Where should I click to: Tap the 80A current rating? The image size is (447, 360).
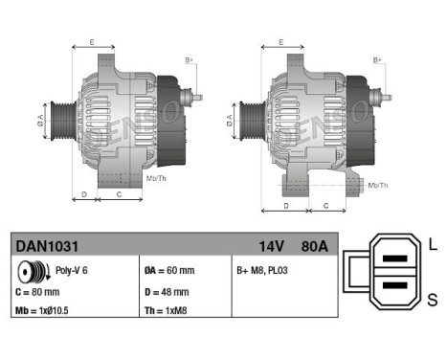(x=313, y=246)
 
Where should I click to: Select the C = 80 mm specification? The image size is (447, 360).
(x=38, y=290)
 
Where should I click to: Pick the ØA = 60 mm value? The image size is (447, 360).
(x=169, y=271)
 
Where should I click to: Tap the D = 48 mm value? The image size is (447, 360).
(x=168, y=290)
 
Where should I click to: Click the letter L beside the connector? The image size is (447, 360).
(x=432, y=243)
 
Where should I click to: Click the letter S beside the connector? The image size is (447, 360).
(x=432, y=300)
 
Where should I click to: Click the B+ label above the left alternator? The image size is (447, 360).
(x=189, y=60)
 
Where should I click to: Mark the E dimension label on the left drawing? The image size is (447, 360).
(x=92, y=41)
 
